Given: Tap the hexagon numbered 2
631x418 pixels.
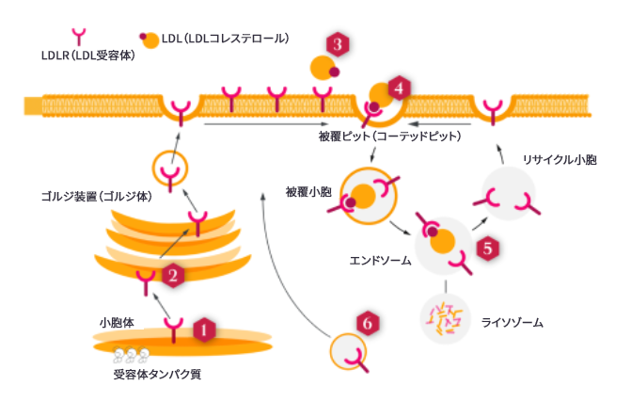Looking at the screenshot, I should [x=172, y=275].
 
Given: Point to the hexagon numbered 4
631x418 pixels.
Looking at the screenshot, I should [x=400, y=88].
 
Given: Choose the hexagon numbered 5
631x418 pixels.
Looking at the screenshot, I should [x=486, y=249].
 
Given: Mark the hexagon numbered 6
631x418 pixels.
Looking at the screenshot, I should [x=370, y=323].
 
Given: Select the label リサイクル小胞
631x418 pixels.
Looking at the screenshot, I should [x=560, y=160].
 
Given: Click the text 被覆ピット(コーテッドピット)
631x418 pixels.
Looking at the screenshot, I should [x=390, y=136].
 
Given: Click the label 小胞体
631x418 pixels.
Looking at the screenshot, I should [x=117, y=322].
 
